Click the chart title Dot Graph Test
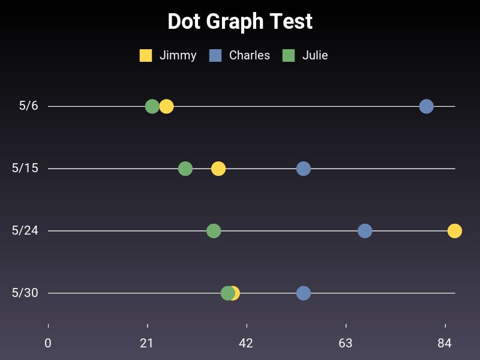pyautogui.click(x=240, y=22)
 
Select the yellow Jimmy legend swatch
pyautogui.click(x=146, y=55)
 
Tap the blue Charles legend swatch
pyautogui.click(x=215, y=55)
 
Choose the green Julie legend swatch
pyautogui.click(x=289, y=55)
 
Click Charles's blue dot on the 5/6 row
pyautogui.click(x=426, y=106)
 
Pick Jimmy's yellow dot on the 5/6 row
pyautogui.click(x=167, y=106)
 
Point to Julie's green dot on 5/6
pyautogui.click(x=152, y=106)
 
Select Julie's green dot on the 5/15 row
pyautogui.click(x=185, y=169)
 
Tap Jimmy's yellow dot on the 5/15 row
pyautogui.click(x=218, y=169)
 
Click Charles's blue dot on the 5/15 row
pyautogui.click(x=304, y=169)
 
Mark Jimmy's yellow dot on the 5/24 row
pyautogui.click(x=455, y=230)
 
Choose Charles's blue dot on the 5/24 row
pyautogui.click(x=365, y=230)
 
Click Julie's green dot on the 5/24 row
pyautogui.click(x=214, y=230)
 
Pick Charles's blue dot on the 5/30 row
pyautogui.click(x=304, y=293)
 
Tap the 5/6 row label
pyautogui.click(x=28, y=106)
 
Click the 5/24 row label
pyautogui.click(x=25, y=230)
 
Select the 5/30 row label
pyautogui.click(x=25, y=293)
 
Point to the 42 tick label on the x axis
pyautogui.click(x=246, y=343)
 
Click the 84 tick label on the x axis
pyautogui.click(x=445, y=343)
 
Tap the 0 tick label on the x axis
pyautogui.click(x=48, y=343)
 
